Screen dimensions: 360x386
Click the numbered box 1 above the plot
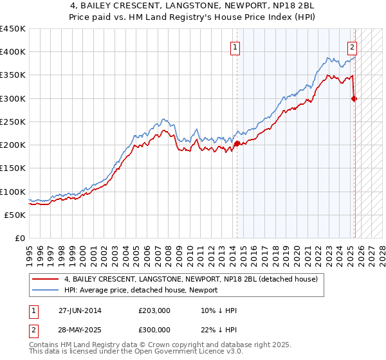click(x=235, y=46)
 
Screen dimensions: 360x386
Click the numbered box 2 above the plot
click(x=353, y=46)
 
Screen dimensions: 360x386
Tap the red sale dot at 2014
click(x=237, y=143)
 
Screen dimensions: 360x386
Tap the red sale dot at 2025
click(x=354, y=98)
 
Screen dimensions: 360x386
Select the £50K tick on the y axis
click(x=15, y=215)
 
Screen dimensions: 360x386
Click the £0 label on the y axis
click(x=19, y=238)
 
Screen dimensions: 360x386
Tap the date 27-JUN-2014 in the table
click(x=80, y=310)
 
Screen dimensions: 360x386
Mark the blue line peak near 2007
click(x=165, y=119)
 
